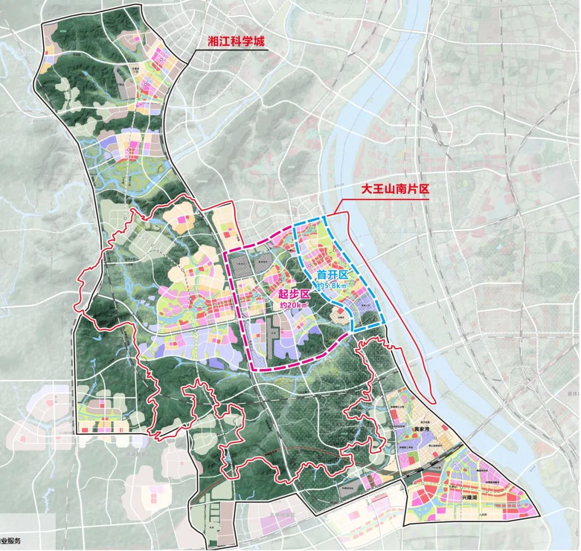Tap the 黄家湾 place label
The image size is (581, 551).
[422, 430]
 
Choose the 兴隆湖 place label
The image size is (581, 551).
[469, 498]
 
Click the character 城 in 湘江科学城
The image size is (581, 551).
[259, 43]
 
